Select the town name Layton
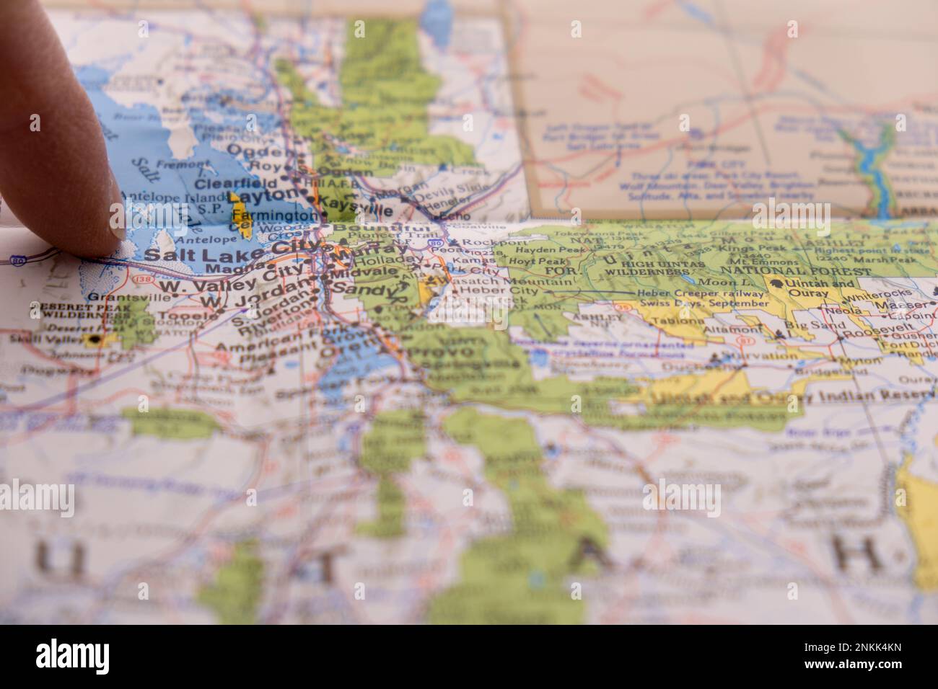pyautogui.click(x=263, y=195)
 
